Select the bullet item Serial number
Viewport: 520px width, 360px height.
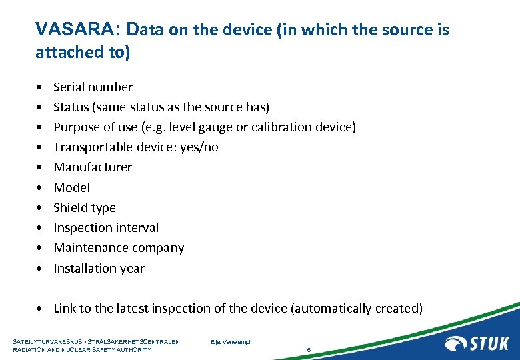[x=93, y=87]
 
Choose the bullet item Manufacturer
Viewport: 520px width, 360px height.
[x=93, y=167]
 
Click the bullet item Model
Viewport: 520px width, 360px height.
[x=71, y=187]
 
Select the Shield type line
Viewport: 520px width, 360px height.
[x=85, y=207]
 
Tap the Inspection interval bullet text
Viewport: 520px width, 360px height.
[x=106, y=227]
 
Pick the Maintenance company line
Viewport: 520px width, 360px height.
[x=119, y=247]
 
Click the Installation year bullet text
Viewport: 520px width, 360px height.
[x=99, y=268]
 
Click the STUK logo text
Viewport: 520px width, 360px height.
[x=489, y=343]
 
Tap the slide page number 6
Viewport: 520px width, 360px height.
[x=309, y=349]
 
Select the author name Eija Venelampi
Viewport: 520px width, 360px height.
[x=230, y=342]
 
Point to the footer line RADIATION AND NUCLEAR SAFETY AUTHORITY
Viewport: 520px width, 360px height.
[x=82, y=349]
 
